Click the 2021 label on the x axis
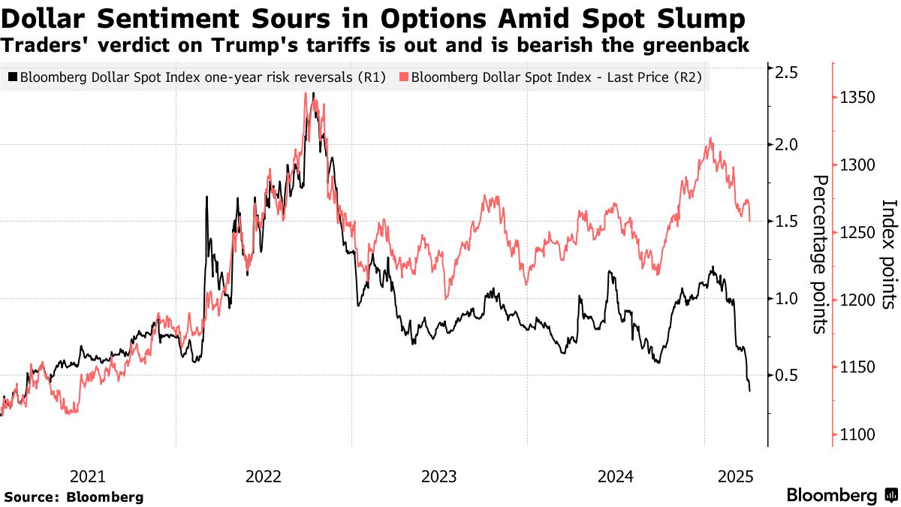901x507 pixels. pyautogui.click(x=88, y=475)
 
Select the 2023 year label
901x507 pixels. pyautogui.click(x=438, y=475)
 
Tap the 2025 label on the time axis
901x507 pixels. pyautogui.click(x=736, y=475)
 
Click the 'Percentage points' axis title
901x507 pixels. pyautogui.click(x=821, y=254)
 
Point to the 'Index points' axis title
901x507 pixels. pyautogui.click(x=889, y=254)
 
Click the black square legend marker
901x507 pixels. pyautogui.click(x=13, y=77)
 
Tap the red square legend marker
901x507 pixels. pyautogui.click(x=405, y=77)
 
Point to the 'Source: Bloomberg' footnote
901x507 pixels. pyautogui.click(x=74, y=496)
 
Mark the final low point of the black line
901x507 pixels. pyautogui.click(x=749, y=391)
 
